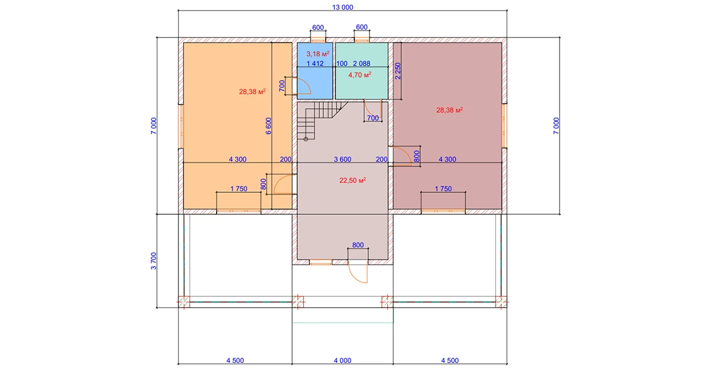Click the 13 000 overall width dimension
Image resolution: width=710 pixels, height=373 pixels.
pos(342,7)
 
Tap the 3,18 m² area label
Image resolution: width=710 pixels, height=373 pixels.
pos(318,54)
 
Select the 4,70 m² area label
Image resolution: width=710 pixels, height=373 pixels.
pos(360,75)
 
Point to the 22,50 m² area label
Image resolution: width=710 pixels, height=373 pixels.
pos(353,181)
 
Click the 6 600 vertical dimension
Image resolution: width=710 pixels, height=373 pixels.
pos(269,126)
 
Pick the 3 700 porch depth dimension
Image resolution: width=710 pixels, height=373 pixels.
pos(153,261)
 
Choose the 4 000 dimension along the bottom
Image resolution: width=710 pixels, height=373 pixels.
pos(342,360)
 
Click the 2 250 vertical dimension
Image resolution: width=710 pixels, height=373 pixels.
pos(398,71)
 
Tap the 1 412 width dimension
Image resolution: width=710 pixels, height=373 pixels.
pos(315,63)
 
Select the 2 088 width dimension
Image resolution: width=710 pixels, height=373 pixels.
pos(361,63)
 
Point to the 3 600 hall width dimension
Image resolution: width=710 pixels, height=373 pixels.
pos(342,159)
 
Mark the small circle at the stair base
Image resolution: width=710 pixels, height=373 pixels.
pos(306,139)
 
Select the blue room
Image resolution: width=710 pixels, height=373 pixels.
pos(315,71)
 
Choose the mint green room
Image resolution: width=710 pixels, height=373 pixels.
pos(362,71)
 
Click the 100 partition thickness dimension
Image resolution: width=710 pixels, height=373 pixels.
pos(342,63)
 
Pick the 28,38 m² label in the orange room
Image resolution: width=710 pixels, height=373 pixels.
pos(252,92)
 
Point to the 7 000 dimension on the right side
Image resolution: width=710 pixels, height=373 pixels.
pos(556,125)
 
